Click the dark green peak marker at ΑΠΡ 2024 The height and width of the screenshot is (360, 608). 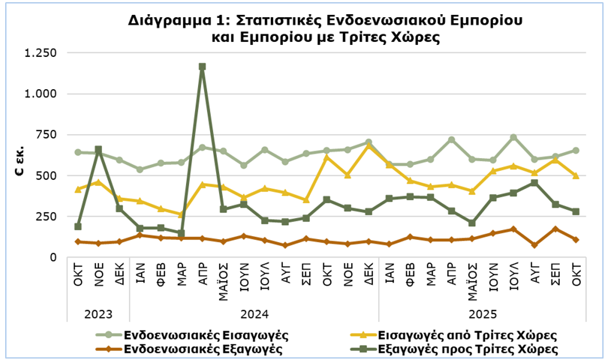[x=202, y=67]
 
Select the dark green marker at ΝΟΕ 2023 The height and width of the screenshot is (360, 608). [x=98, y=150]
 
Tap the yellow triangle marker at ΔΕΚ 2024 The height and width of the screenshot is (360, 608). [x=369, y=145]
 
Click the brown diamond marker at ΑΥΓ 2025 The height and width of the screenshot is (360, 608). [x=534, y=244]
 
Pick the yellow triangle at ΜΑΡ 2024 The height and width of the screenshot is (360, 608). [x=182, y=214]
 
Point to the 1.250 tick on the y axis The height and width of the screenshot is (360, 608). [x=41, y=53]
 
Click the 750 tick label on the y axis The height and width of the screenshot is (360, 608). [x=48, y=135]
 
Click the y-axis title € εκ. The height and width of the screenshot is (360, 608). [x=20, y=162]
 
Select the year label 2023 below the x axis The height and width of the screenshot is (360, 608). [x=98, y=311]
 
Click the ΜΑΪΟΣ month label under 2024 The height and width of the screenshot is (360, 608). [x=224, y=282]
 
